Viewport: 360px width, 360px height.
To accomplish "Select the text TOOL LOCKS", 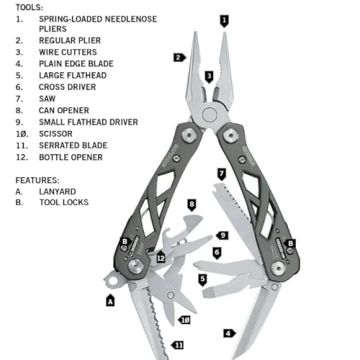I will [x=64, y=202].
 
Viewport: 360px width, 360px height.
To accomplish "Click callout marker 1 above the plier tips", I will [x=224, y=19].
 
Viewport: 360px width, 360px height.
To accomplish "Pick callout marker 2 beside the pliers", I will [x=178, y=57].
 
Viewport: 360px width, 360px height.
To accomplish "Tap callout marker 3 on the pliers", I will [x=209, y=76].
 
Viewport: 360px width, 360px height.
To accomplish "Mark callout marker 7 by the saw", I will [x=221, y=174].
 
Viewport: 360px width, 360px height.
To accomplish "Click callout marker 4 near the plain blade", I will [x=228, y=332].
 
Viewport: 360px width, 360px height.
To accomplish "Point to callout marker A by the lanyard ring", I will [x=110, y=299].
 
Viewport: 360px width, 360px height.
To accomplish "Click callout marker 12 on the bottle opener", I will [x=160, y=258].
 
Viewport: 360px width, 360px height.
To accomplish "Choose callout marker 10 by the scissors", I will [x=185, y=319].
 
